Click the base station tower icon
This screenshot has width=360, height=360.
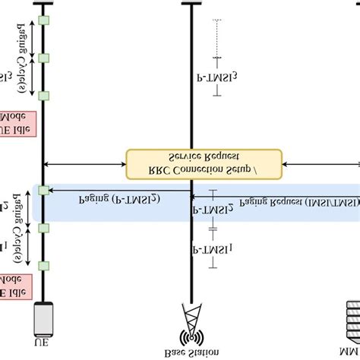coord(190,322)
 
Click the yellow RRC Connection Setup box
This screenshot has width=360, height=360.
coord(204,162)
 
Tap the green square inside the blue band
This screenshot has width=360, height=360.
coord(44,191)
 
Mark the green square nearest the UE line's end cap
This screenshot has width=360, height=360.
coord(44,20)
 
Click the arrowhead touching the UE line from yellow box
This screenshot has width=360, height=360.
coord(47,163)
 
